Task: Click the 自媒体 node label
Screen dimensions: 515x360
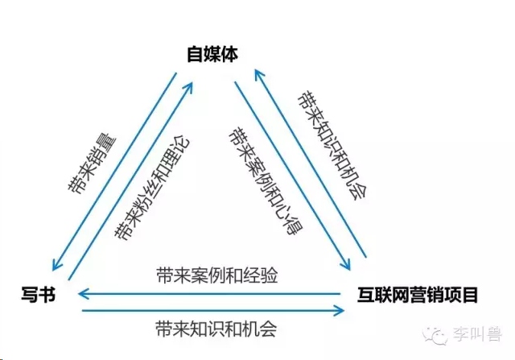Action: click(212, 54)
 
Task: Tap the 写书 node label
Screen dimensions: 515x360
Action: click(39, 294)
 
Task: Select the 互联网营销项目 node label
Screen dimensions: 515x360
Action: click(418, 295)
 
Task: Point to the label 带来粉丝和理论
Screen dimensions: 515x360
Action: click(152, 188)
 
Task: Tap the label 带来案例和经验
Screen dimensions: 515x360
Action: click(217, 275)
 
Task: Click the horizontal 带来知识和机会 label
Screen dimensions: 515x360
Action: click(216, 329)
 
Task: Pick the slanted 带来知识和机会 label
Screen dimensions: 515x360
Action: click(332, 145)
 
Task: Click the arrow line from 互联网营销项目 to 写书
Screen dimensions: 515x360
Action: click(209, 294)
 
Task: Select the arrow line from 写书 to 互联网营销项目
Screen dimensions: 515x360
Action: click(212, 310)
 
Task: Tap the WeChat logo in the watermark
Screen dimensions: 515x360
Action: click(435, 335)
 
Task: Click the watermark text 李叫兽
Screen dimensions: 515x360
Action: click(478, 335)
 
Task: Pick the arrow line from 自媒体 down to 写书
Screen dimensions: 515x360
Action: click(114, 172)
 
